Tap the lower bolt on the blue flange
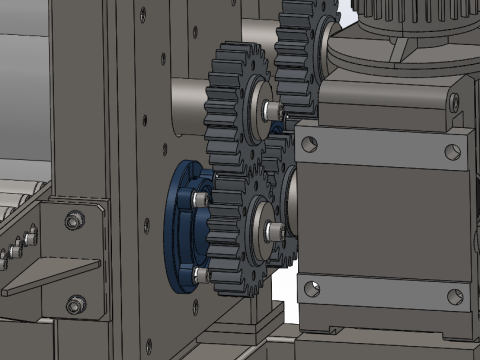201,273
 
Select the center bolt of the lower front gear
271,232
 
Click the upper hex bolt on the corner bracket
75,220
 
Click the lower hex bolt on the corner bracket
75,304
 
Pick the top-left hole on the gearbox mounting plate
308,143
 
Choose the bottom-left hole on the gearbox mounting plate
311,289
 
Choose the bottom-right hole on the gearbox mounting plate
456,297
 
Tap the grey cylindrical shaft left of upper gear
187,100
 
